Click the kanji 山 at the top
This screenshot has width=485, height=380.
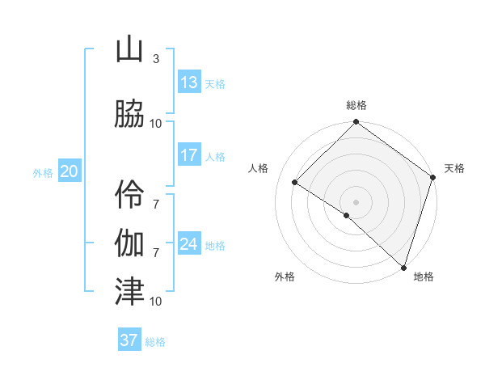point(129,51)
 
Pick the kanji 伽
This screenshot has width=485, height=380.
point(129,241)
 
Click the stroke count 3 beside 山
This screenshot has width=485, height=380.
point(155,59)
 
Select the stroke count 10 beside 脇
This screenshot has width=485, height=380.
point(155,123)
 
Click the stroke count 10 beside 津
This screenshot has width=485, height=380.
point(155,301)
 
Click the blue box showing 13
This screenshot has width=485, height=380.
point(188,82)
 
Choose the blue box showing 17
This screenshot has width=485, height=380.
point(188,155)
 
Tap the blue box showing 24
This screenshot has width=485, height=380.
point(188,243)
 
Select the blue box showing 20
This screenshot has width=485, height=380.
point(69,171)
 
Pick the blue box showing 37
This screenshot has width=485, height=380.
point(129,340)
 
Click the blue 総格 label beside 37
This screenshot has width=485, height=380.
point(155,342)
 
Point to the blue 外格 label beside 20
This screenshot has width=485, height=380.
point(43,172)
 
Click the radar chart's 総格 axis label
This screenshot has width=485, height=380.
point(356,105)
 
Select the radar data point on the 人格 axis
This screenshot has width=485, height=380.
point(295,183)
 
